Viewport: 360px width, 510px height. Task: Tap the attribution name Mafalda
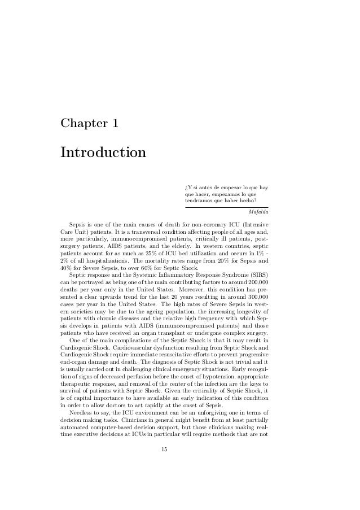[258, 212]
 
